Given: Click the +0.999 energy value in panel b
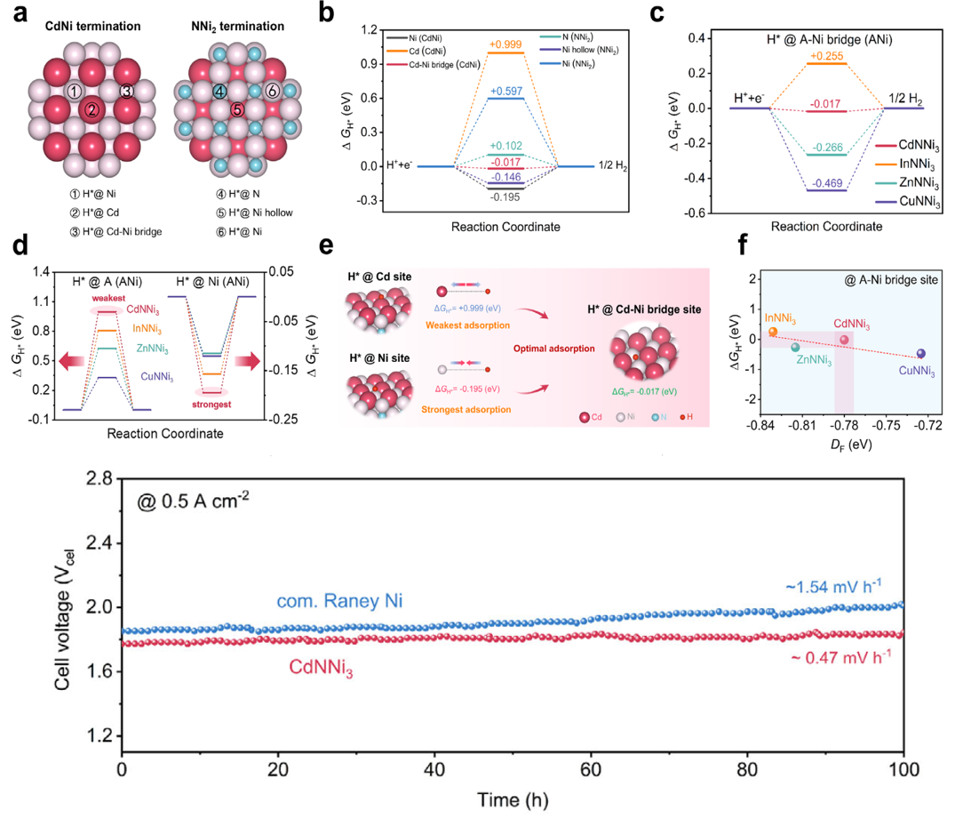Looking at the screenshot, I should click(505, 44).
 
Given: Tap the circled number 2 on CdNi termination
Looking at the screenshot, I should click(89, 109).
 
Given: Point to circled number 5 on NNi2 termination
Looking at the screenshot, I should click(236, 109).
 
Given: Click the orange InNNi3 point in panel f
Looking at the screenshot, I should click(773, 332).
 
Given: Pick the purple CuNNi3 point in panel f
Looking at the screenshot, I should click(920, 354).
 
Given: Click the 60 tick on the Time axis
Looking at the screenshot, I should click(591, 768).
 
